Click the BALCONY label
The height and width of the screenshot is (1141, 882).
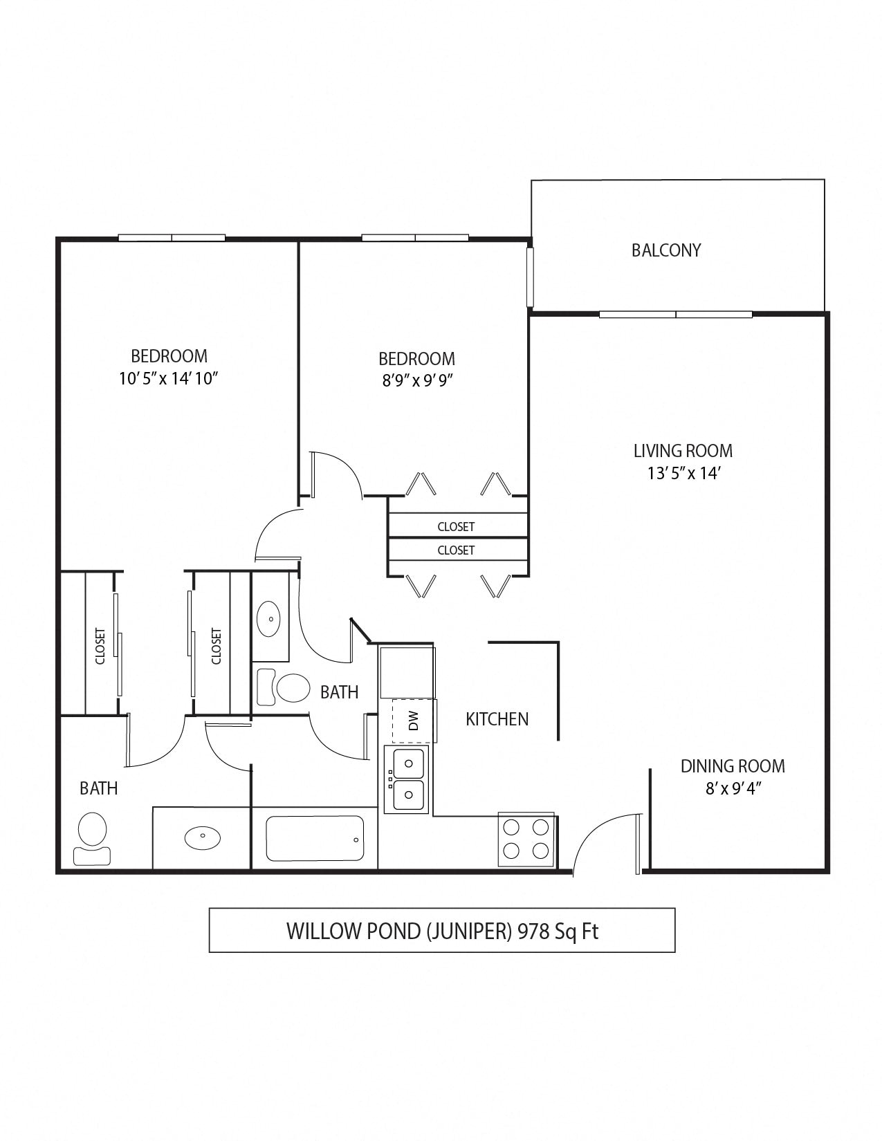coord(665,250)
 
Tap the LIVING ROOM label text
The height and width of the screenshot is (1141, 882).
coord(683,451)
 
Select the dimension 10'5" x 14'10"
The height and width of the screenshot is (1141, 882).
coord(169,378)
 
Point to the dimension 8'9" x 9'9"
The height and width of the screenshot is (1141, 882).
coord(416,380)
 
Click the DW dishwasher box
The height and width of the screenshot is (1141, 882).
coord(414,721)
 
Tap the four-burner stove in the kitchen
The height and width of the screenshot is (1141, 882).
coord(526,839)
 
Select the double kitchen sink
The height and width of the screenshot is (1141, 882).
coord(407,779)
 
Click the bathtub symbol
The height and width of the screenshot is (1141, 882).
coord(315,839)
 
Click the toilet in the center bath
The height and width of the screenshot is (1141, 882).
coord(285,687)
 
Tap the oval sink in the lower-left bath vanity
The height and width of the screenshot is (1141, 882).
coord(203,837)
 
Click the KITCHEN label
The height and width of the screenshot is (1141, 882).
coord(497,719)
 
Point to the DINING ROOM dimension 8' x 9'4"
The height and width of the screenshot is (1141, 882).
coord(733,788)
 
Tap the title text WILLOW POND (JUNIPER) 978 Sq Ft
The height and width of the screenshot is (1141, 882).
coord(442,931)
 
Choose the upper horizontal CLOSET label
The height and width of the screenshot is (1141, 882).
coord(456,527)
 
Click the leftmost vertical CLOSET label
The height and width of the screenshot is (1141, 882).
coord(100,645)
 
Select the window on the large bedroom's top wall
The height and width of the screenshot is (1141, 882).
coord(172,238)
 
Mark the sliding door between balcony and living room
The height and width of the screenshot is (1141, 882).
coord(675,315)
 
